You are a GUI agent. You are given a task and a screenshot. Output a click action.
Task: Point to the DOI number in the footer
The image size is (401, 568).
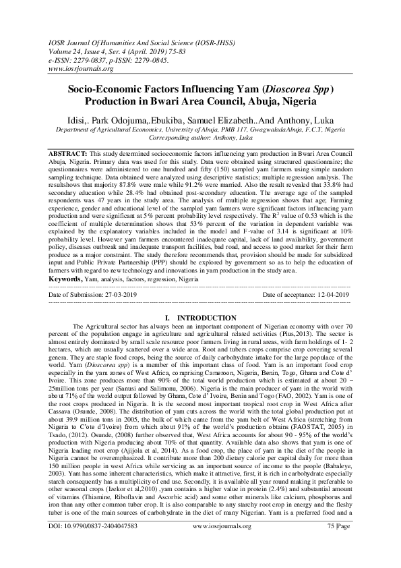coord(93,543)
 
